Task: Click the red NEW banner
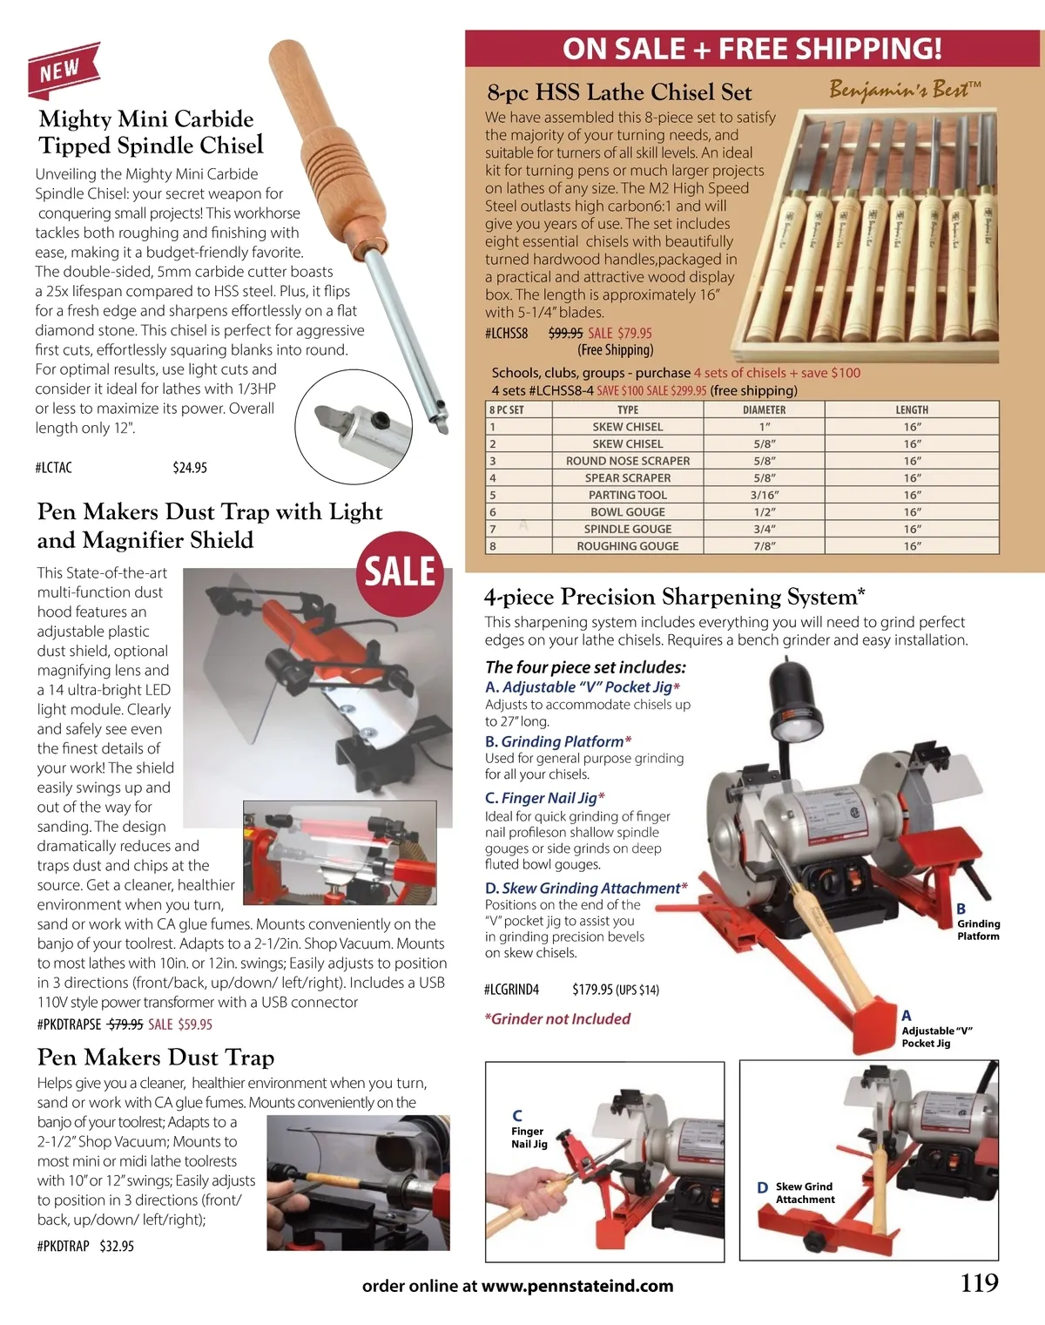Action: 63,70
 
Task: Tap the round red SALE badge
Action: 400,573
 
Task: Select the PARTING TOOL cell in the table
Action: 627,495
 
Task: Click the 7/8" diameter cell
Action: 765,546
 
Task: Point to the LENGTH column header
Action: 912,409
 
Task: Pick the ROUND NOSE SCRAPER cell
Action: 627,461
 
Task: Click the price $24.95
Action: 190,468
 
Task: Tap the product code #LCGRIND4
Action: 512,990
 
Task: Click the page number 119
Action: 980,1283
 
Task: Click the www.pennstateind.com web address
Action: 577,1286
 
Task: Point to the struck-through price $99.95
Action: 566,333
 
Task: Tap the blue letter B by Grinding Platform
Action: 961,909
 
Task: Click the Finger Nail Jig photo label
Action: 529,1137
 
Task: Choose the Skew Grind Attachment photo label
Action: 805,1193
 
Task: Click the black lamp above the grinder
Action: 796,697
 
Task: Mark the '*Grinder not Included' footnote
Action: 557,1018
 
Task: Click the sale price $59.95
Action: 194,1024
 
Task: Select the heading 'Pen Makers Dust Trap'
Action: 156,1058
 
